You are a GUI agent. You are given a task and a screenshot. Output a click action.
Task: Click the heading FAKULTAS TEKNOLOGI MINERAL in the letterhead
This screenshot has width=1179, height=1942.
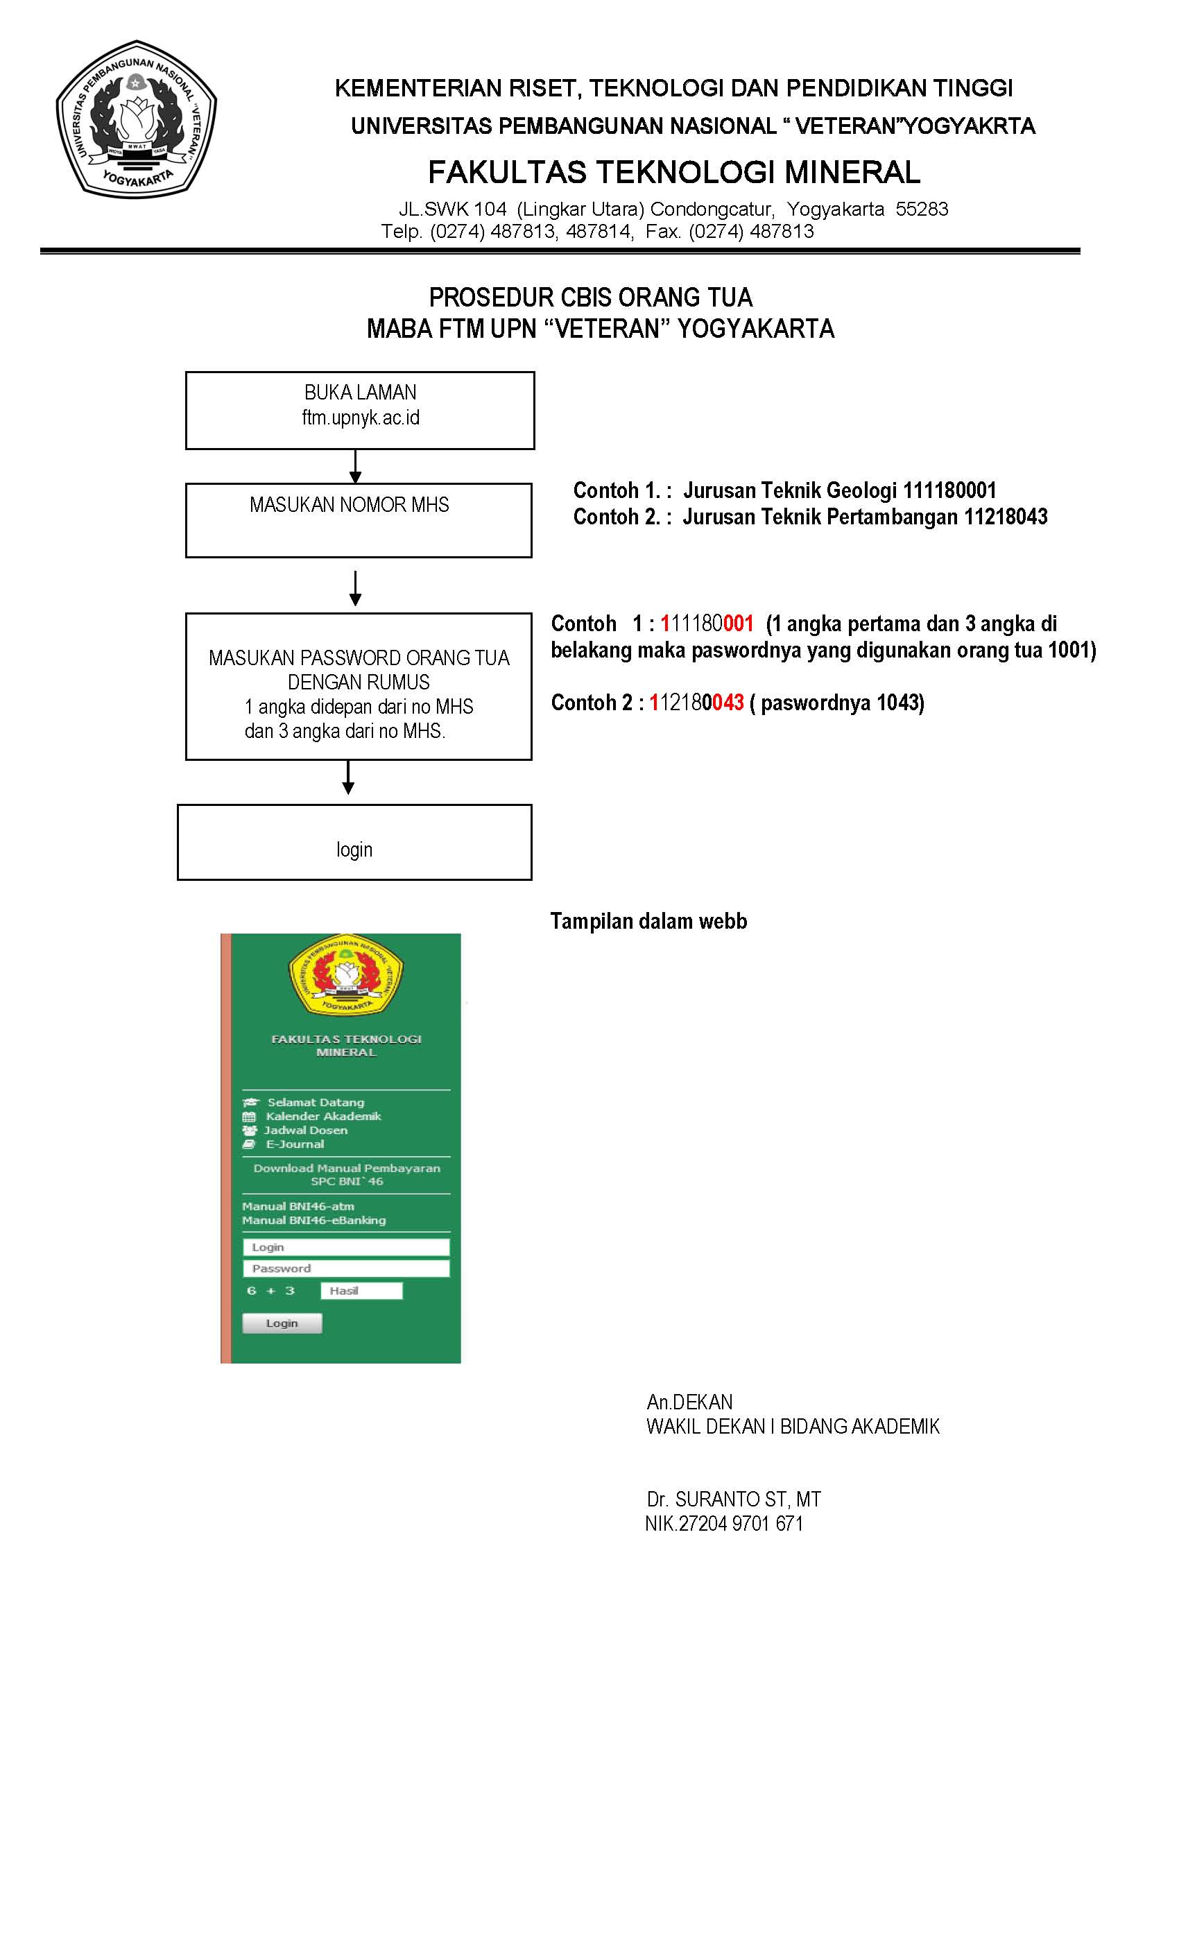point(674,172)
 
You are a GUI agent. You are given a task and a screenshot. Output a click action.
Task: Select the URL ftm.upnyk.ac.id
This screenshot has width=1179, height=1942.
point(360,418)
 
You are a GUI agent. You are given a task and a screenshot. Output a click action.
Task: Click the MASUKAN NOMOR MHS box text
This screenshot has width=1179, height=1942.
point(349,505)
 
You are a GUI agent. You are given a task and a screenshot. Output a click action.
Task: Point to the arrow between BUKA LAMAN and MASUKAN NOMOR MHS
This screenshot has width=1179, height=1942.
point(355,467)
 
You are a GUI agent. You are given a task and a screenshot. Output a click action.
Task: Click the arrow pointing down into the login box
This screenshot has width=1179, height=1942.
point(348,779)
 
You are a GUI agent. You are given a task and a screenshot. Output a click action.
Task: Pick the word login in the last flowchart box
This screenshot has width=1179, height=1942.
point(354,850)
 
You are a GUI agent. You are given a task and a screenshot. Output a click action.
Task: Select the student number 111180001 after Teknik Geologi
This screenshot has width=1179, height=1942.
point(949,491)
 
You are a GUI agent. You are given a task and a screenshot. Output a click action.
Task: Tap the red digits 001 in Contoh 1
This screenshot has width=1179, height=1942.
point(739,624)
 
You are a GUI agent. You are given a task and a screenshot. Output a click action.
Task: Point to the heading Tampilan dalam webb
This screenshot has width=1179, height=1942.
point(648,921)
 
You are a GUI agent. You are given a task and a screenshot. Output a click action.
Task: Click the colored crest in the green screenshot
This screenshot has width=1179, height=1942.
point(346,976)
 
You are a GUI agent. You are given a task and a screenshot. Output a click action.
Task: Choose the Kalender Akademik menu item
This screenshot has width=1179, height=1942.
point(323,1116)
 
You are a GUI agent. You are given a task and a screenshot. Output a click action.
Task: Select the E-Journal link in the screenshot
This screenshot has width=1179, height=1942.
point(295,1144)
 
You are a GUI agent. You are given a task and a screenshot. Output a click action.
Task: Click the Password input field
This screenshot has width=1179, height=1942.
point(346,1268)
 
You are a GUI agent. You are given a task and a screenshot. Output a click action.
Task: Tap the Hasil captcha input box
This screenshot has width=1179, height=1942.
point(361,1290)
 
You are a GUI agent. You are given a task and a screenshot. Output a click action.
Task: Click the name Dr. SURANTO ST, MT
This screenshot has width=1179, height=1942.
point(734,1499)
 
